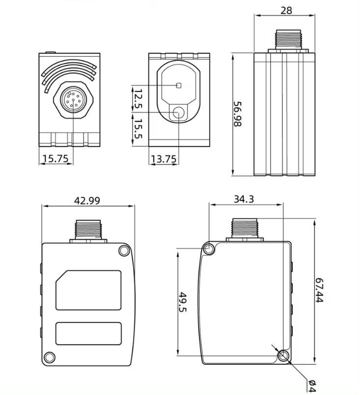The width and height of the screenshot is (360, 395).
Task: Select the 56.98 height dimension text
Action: coord(238,114)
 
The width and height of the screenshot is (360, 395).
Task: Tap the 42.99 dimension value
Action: coord(86,200)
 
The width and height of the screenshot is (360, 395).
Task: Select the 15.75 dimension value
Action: coord(55,159)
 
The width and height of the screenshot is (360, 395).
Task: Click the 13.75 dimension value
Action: coord(164,159)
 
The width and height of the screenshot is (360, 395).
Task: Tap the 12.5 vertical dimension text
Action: coord(138,99)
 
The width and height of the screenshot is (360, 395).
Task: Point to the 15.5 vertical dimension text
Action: coord(138,129)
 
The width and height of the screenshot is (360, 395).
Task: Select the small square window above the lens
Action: coord(179,85)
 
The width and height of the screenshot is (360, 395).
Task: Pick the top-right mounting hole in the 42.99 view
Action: coord(123,251)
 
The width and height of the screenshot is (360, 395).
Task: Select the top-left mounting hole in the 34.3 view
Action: coord(209,249)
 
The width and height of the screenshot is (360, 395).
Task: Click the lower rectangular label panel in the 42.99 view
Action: coord(88,333)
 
